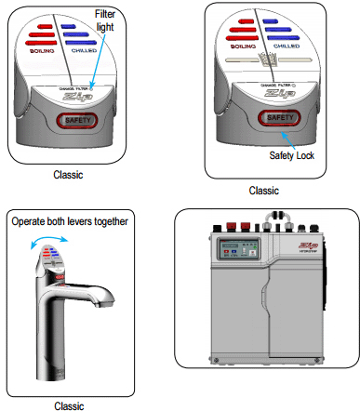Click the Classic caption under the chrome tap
click(x=70, y=404)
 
